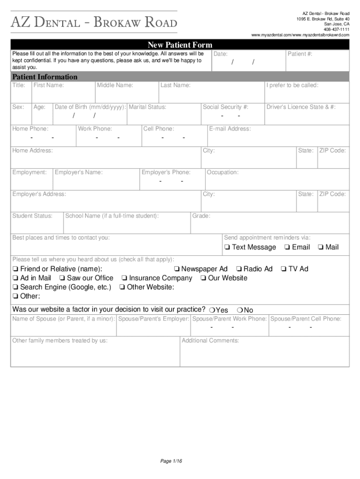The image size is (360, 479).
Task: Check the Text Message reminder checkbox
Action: [x=227, y=247]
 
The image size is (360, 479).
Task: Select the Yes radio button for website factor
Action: [x=212, y=310]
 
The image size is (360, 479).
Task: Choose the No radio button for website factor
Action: [x=239, y=310]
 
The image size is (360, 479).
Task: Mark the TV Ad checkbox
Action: [x=283, y=269]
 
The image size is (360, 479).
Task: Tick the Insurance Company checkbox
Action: [x=124, y=278]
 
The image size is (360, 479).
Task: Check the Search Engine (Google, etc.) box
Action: [x=15, y=287]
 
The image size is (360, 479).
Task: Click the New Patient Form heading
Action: [x=180, y=45]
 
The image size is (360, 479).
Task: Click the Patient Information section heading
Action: [x=45, y=77]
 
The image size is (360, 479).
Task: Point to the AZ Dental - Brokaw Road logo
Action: [x=94, y=22]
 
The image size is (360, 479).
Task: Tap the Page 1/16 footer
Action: [x=171, y=461]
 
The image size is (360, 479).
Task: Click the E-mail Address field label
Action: [x=230, y=129]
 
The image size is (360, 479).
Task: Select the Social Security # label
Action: [x=225, y=107]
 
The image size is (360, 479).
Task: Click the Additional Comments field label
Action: [x=210, y=341]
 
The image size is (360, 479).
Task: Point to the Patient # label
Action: [x=300, y=54]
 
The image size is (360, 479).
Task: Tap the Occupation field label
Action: [x=223, y=172]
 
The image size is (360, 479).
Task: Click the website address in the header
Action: [x=300, y=35]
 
